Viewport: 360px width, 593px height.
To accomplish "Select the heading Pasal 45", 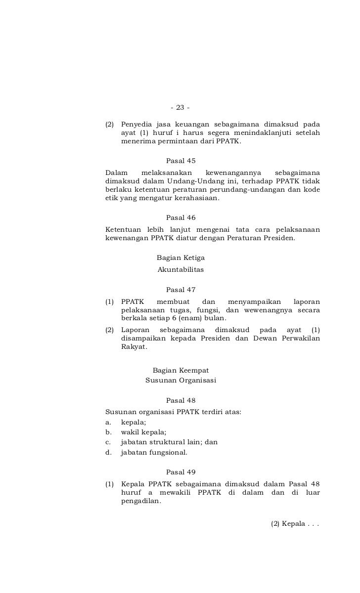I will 181,161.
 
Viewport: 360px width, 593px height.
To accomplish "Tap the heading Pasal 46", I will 181,217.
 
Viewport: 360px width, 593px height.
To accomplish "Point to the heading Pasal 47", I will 181,290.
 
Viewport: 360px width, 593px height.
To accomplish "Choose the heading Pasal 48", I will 181,400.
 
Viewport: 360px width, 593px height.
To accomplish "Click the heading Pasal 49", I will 181,472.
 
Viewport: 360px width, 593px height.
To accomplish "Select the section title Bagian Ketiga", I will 180,258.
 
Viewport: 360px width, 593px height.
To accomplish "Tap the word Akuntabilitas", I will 180,270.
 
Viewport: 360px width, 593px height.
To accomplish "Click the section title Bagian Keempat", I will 180,370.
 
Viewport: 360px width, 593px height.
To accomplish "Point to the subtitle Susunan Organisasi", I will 180,381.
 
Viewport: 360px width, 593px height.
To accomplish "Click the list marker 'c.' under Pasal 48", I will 108,442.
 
